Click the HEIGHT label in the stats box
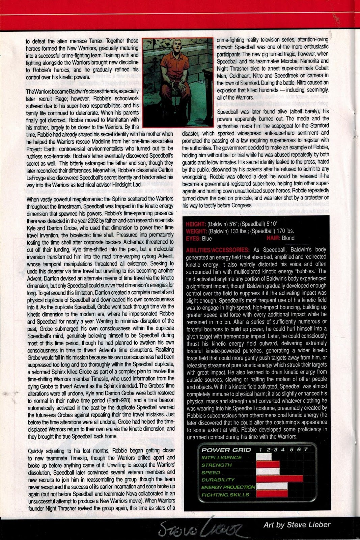click(196, 224)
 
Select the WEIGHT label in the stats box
click(196, 231)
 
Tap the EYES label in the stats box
click(193, 238)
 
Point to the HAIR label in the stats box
click(274, 238)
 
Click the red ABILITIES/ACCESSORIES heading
click(218, 250)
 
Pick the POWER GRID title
click(226, 450)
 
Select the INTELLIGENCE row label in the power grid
click(221, 458)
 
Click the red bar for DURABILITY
click(279, 480)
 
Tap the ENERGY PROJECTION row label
click(228, 487)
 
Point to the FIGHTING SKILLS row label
click(225, 495)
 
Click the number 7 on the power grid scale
click(306, 450)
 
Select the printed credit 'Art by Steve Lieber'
click(297, 525)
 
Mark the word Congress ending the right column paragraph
click(241, 205)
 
